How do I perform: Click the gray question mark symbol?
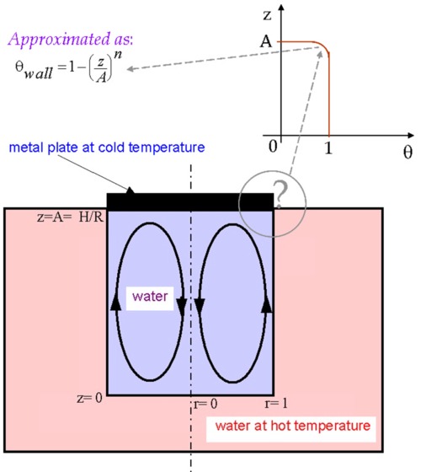281,194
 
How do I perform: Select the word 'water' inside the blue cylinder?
150,296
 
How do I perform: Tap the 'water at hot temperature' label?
293,426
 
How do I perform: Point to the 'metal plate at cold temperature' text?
107,147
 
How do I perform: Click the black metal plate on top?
190,202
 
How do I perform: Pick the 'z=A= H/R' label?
70,217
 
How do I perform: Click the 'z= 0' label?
89,398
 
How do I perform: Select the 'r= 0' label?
205,404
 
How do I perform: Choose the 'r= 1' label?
276,404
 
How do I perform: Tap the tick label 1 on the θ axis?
328,147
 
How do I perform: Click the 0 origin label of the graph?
273,147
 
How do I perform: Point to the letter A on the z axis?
266,41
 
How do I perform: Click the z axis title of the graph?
267,15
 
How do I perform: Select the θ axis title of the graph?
408,152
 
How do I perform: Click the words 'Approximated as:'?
71,39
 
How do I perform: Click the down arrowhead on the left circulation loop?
182,307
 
